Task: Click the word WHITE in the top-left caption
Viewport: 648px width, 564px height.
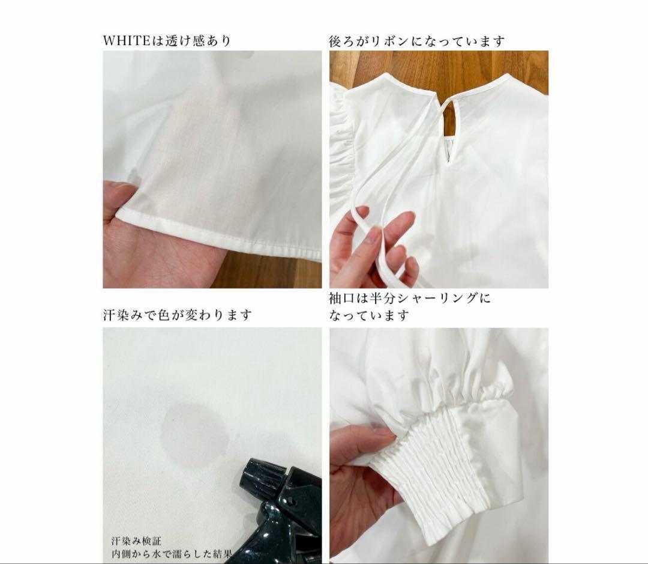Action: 126,41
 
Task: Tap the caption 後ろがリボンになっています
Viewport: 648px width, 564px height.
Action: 416,41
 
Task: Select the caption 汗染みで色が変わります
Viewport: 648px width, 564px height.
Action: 177,315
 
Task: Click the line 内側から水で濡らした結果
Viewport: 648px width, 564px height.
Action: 171,554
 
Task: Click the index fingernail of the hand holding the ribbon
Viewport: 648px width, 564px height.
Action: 374,235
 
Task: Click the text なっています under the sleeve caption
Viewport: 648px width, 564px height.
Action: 368,316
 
